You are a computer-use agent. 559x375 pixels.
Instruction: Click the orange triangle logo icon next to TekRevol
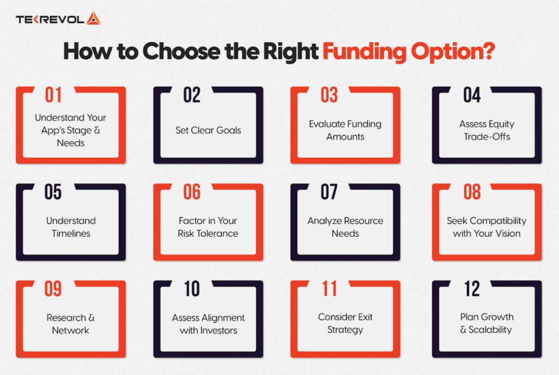click(x=93, y=19)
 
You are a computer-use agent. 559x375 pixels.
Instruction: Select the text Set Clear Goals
click(x=208, y=130)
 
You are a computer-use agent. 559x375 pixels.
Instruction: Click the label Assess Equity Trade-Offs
click(x=487, y=130)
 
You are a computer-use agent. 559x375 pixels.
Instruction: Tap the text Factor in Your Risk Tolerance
click(x=208, y=227)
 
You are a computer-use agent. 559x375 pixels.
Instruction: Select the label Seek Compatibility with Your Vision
click(x=487, y=227)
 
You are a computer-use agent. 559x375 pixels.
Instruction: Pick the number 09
click(x=53, y=289)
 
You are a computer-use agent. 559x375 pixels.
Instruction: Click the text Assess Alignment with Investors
click(x=208, y=324)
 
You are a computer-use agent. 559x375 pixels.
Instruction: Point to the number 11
click(x=329, y=289)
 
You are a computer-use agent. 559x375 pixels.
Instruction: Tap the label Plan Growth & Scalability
click(x=487, y=323)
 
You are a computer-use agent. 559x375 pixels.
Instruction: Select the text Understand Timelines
click(x=70, y=227)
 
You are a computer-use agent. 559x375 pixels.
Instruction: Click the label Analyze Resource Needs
click(x=345, y=227)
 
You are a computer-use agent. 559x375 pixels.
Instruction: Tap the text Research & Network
click(x=70, y=324)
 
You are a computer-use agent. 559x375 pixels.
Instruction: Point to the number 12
click(x=472, y=289)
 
